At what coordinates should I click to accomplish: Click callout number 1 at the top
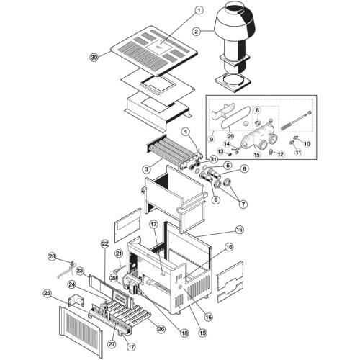point(199,11)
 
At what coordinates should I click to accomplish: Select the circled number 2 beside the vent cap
point(197,32)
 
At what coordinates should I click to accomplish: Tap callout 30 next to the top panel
point(94,58)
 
